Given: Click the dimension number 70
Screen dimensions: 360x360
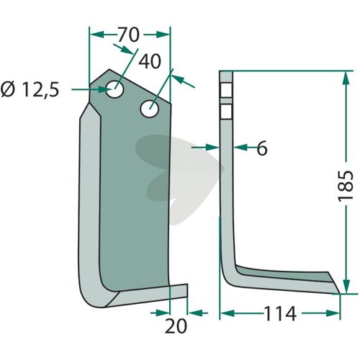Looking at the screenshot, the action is pos(128,35).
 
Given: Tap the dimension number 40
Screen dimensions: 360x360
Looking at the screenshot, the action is pos(150,61).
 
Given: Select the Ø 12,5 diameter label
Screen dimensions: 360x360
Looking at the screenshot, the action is pos(30,89).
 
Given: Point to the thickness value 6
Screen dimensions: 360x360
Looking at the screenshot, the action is pos(261,148).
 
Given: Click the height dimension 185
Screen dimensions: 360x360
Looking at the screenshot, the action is pos(346,186).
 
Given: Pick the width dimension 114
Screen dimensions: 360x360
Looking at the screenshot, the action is pos(280,313).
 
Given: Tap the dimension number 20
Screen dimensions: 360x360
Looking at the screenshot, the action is pos(176,326).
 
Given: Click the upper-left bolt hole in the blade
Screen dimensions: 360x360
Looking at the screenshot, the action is pos(114,89).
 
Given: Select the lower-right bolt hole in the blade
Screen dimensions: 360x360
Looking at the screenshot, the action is pos(150,109).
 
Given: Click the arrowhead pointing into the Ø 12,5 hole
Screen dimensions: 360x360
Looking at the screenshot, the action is pos(105,89).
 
